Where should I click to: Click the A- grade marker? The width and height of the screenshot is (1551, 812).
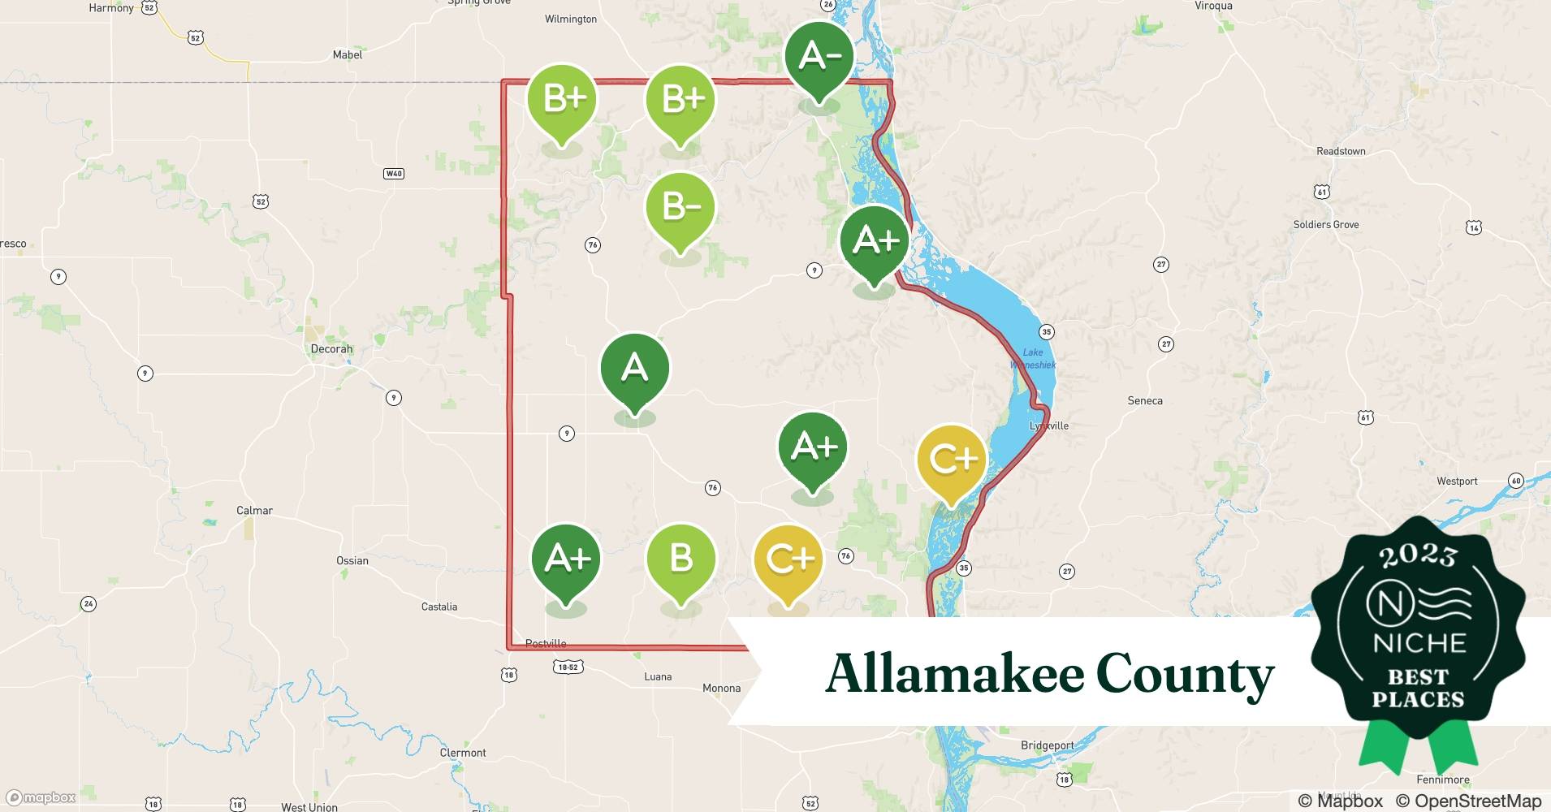[x=819, y=57]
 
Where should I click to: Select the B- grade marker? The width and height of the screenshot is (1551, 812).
[x=680, y=208]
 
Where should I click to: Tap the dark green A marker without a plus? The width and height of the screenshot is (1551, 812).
[x=635, y=369]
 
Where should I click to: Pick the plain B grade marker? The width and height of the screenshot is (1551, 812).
[x=680, y=559]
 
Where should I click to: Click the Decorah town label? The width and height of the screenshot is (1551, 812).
[x=331, y=349]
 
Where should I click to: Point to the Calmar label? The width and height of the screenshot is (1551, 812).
[x=254, y=511]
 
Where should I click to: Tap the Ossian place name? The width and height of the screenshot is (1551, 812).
[x=352, y=561]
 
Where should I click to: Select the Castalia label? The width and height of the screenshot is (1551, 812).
[x=439, y=607]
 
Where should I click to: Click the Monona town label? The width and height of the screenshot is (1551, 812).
[x=721, y=689]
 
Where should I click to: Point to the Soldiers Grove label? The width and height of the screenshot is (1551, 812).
[x=1325, y=225]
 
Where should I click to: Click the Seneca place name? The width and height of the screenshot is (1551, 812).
[x=1145, y=401]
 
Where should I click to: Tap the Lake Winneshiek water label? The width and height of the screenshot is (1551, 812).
[x=1033, y=359]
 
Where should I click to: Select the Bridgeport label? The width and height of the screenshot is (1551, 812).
[x=1048, y=745]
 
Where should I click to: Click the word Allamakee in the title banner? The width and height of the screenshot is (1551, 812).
[x=953, y=674]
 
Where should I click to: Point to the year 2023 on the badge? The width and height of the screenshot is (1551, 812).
[x=1418, y=555]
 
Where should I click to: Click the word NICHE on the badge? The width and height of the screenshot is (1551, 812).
[x=1419, y=644]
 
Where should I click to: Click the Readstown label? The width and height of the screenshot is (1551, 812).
[x=1341, y=152]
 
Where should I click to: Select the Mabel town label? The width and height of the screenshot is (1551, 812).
[x=348, y=55]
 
